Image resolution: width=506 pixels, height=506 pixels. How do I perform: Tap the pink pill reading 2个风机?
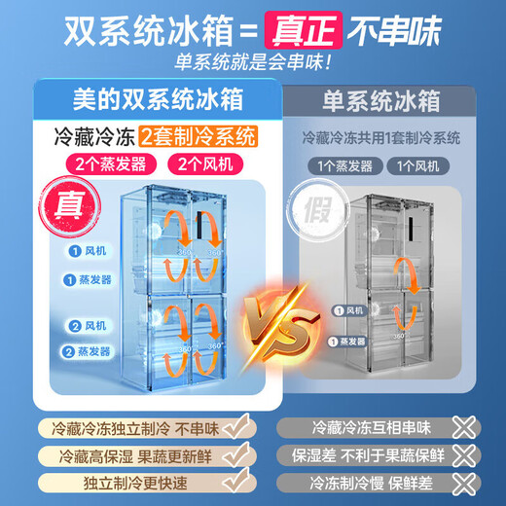pyautogui.click(x=201, y=162)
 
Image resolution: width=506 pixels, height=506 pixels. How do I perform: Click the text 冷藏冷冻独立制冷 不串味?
pyautogui.click(x=126, y=427)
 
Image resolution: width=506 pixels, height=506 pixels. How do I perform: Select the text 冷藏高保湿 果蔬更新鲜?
pyautogui.click(x=126, y=454)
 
